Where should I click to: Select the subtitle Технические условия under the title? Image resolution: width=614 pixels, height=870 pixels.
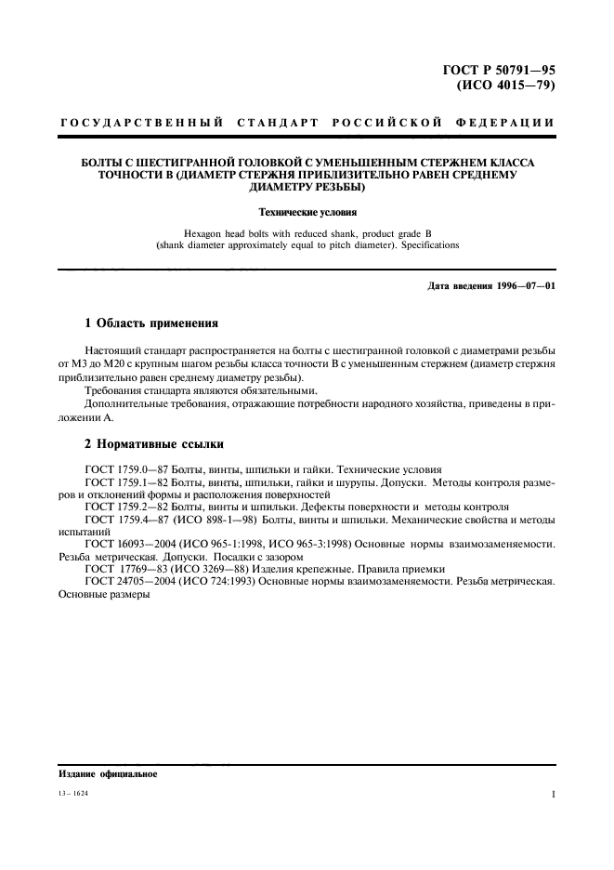307,212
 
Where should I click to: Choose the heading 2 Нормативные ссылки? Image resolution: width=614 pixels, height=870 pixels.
153,444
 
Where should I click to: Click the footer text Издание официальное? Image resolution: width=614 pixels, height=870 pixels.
108,773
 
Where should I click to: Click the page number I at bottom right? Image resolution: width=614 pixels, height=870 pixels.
553,796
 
